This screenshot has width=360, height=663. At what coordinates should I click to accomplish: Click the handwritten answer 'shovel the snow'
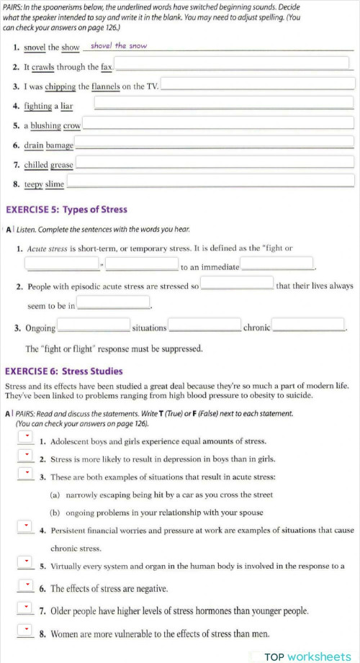pos(119,46)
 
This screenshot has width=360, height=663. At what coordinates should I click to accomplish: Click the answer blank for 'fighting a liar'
pos(224,105)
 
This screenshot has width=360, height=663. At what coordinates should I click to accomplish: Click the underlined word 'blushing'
pos(45,125)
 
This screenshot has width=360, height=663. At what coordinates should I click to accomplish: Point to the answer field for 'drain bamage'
pos(215,144)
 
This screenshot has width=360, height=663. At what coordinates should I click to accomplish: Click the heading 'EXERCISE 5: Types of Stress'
pos(66,209)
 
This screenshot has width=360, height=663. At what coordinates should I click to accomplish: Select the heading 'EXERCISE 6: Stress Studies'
pos(64,371)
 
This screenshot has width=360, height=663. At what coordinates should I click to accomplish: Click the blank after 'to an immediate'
pos(276,265)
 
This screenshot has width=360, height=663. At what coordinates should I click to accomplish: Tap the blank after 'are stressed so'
pos(237,284)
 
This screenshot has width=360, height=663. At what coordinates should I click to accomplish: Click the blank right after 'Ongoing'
pos(94,326)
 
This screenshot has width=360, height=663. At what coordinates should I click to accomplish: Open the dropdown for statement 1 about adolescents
pos(25,438)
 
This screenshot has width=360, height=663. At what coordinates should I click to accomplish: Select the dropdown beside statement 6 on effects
pos(25,585)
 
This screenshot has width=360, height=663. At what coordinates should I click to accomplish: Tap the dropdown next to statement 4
pos(25,527)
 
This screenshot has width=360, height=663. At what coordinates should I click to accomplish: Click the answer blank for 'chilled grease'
pos(215,163)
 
